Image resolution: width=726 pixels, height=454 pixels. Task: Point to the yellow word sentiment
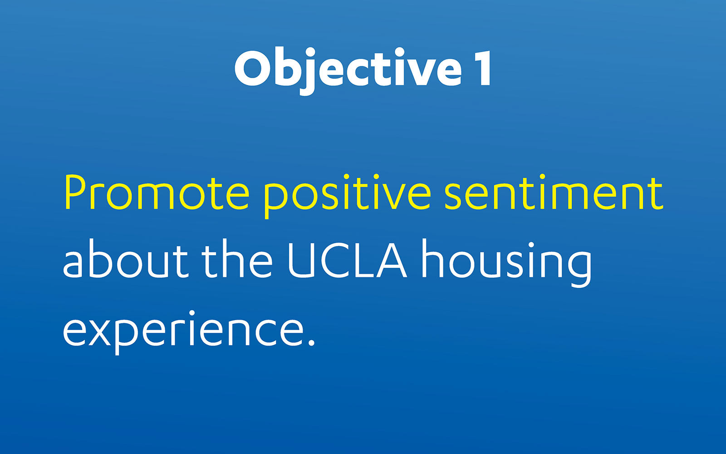(554, 192)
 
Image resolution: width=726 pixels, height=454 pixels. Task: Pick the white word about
(126, 258)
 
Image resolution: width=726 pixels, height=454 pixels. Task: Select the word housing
(507, 263)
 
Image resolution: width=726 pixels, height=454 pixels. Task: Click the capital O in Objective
(252, 68)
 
